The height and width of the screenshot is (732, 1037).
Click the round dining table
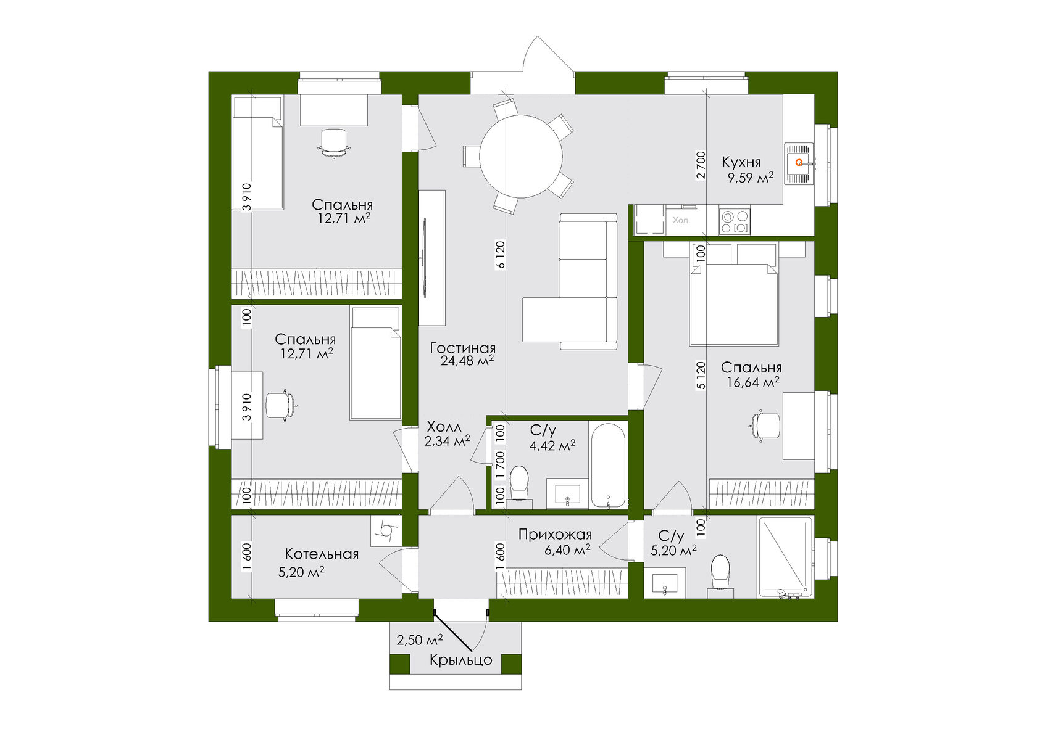click(521, 157)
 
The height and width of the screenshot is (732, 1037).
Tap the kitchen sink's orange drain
click(799, 163)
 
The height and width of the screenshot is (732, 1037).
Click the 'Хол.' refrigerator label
click(681, 220)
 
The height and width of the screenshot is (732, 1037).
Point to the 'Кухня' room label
click(741, 163)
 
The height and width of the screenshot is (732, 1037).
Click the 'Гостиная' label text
click(462, 348)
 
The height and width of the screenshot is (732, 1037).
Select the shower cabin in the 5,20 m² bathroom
click(785, 556)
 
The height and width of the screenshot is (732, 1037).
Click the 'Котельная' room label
click(322, 554)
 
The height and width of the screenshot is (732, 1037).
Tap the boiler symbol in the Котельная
click(386, 530)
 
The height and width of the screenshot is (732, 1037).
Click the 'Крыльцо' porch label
click(460, 660)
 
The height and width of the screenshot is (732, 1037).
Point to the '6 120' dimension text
click(501, 255)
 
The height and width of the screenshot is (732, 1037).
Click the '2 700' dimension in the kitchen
click(700, 165)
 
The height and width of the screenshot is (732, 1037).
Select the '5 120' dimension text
click(700, 375)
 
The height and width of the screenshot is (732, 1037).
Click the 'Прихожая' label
click(555, 535)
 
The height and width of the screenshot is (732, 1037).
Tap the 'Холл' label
click(444, 427)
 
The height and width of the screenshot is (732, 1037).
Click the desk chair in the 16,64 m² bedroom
click(765, 426)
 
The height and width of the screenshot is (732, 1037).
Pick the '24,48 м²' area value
click(467, 361)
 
